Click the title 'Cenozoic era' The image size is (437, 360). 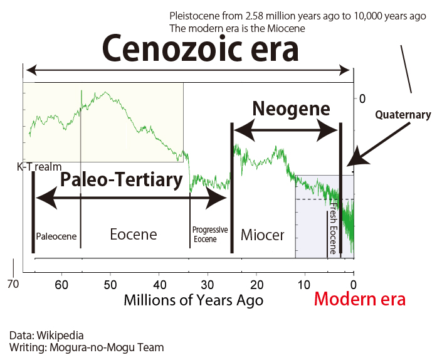click(201, 48)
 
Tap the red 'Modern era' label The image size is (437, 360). click(359, 299)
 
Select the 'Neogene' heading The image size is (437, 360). click(292, 109)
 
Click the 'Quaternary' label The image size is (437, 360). click(403, 115)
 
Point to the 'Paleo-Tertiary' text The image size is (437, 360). click(122, 179)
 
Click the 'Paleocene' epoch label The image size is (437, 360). click(56, 236)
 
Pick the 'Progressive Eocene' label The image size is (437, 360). click(210, 234)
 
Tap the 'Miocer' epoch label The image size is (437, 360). click(262, 235)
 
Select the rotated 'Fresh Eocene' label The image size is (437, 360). click(334, 228)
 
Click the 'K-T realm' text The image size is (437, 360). click(39, 167)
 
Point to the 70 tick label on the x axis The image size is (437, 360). click(13, 284)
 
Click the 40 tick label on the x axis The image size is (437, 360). click(160, 285)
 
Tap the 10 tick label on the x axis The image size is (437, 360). click(304, 285)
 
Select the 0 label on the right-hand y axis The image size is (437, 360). click(362, 98)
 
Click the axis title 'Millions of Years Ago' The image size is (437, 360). click(193, 300)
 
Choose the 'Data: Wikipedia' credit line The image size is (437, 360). click(46, 335)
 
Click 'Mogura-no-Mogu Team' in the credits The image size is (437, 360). click(107, 347)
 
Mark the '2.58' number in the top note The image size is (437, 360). click(254, 16)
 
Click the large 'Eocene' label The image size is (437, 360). click(134, 234)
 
